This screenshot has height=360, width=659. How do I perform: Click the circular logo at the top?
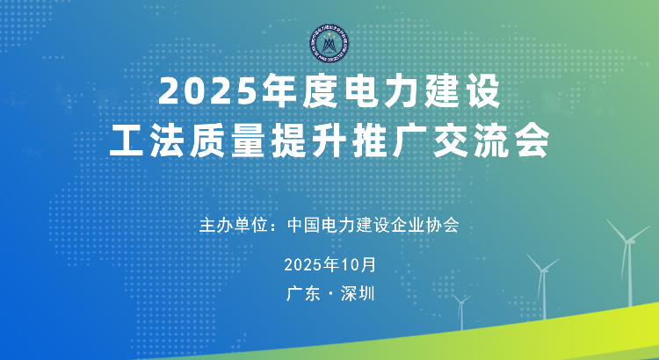pos(329,44)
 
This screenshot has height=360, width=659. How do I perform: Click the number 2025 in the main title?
pos(207,92)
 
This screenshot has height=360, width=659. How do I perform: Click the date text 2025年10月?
pos(329,265)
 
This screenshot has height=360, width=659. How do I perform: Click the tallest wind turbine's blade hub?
pos(628,241)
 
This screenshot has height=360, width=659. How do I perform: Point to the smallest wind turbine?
pos(462,312)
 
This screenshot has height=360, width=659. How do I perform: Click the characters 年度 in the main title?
pos(301,92)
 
